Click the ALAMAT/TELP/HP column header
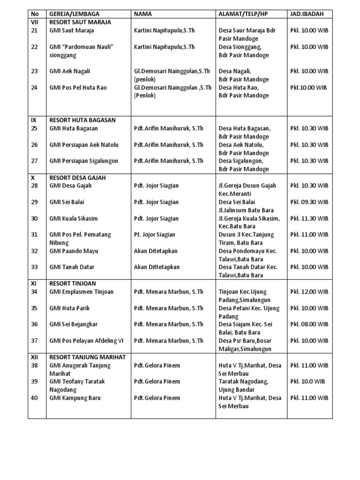click(x=243, y=14)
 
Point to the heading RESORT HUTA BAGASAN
click(x=82, y=120)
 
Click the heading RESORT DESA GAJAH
click(x=78, y=178)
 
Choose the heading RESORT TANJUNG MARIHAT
click(x=88, y=357)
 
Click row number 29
click(x=34, y=202)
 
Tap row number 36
click(x=34, y=324)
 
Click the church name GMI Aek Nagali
click(x=70, y=71)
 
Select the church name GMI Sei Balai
click(x=67, y=202)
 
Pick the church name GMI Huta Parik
click(x=69, y=308)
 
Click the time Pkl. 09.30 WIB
click(x=309, y=202)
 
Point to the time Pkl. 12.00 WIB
click(x=309, y=292)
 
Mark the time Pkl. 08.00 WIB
click(x=309, y=324)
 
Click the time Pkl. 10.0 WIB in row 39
click(x=307, y=382)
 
